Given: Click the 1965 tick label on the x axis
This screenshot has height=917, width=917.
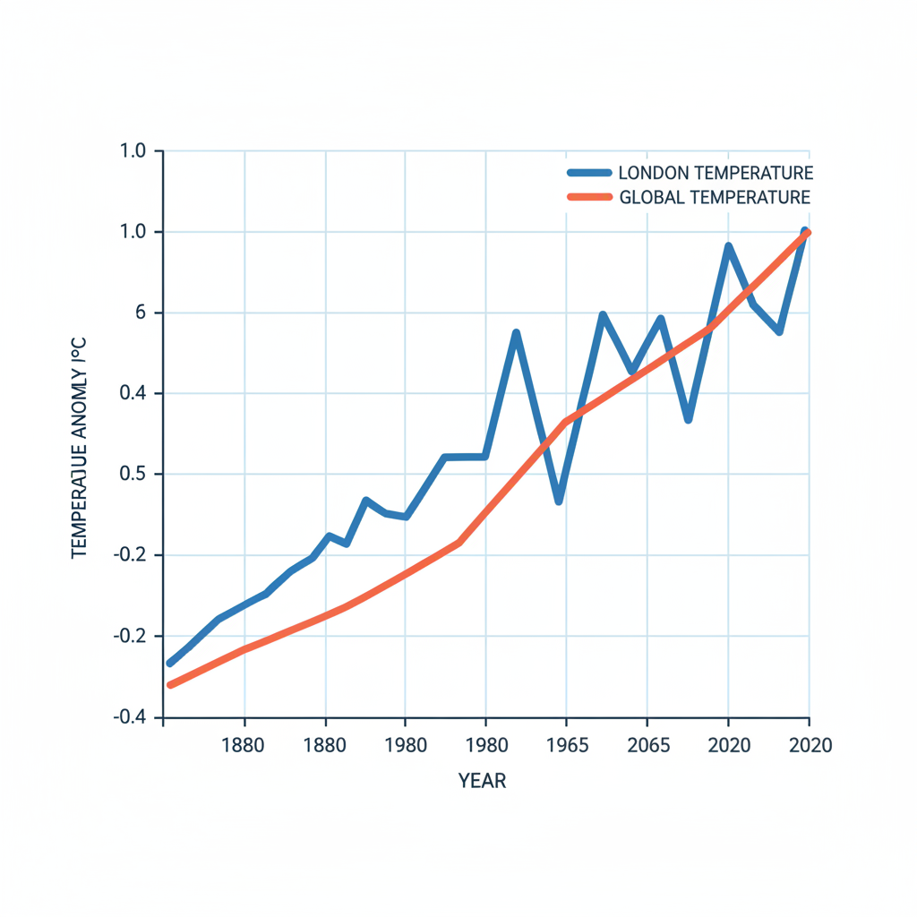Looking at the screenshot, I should coord(565,746).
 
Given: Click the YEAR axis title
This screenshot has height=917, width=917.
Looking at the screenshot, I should coord(483,781).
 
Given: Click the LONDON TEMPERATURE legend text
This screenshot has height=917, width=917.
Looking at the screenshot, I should coord(716,173).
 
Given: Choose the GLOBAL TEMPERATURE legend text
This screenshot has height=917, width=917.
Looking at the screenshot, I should coord(715,197).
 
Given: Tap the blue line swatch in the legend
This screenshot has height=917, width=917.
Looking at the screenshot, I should coord(588,173).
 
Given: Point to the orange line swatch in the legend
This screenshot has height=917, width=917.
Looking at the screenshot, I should coord(588,197).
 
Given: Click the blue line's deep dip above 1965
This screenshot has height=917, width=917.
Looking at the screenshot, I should coord(559,501).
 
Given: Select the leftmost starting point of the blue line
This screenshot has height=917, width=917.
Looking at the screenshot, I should coord(170,663).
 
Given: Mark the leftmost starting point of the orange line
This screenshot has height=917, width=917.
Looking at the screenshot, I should coord(170,685).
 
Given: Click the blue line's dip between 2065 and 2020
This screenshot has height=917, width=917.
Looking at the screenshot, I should coord(688,419).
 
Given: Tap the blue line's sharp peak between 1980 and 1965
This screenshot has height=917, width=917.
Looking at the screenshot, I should coord(517,333).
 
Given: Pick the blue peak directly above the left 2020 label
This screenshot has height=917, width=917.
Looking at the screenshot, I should coord(729,246).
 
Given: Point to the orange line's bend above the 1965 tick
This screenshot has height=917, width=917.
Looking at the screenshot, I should coord(565,422).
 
